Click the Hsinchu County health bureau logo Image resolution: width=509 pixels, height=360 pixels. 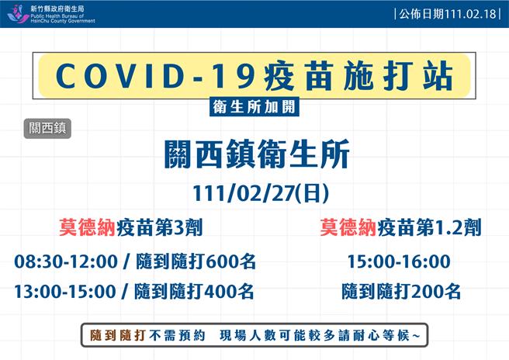point(17,14)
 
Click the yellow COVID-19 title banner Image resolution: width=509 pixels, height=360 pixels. point(254,75)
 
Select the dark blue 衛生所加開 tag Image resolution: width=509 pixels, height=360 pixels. point(254,108)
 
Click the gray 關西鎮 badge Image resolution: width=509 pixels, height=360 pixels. point(47,129)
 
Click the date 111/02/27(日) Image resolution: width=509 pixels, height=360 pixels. point(254,192)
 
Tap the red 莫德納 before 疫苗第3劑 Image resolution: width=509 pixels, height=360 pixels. point(87,228)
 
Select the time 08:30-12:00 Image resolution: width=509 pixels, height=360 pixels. point(65,261)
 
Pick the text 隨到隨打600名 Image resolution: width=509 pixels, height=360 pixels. point(195,261)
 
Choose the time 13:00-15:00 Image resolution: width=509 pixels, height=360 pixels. point(65,292)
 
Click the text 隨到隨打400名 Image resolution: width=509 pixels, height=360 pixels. point(195,292)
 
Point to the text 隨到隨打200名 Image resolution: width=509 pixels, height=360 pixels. point(400,292)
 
